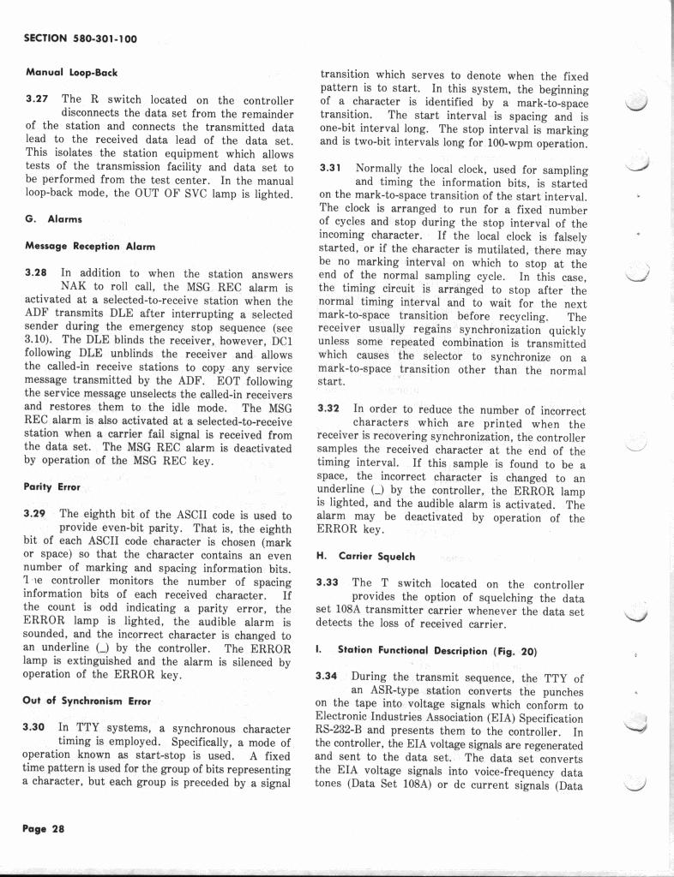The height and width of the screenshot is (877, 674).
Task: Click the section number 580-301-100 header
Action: click(81, 39)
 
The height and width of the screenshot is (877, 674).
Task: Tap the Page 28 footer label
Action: click(44, 828)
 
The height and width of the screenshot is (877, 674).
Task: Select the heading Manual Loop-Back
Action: click(71, 73)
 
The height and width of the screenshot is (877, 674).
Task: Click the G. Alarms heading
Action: click(53, 219)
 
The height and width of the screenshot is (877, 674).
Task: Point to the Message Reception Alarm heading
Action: click(90, 247)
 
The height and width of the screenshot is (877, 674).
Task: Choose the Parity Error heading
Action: click(52, 486)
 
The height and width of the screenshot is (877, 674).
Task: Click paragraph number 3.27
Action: click(36, 99)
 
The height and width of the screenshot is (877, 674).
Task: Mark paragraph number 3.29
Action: click(36, 515)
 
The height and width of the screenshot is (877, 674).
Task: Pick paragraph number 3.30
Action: click(36, 727)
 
